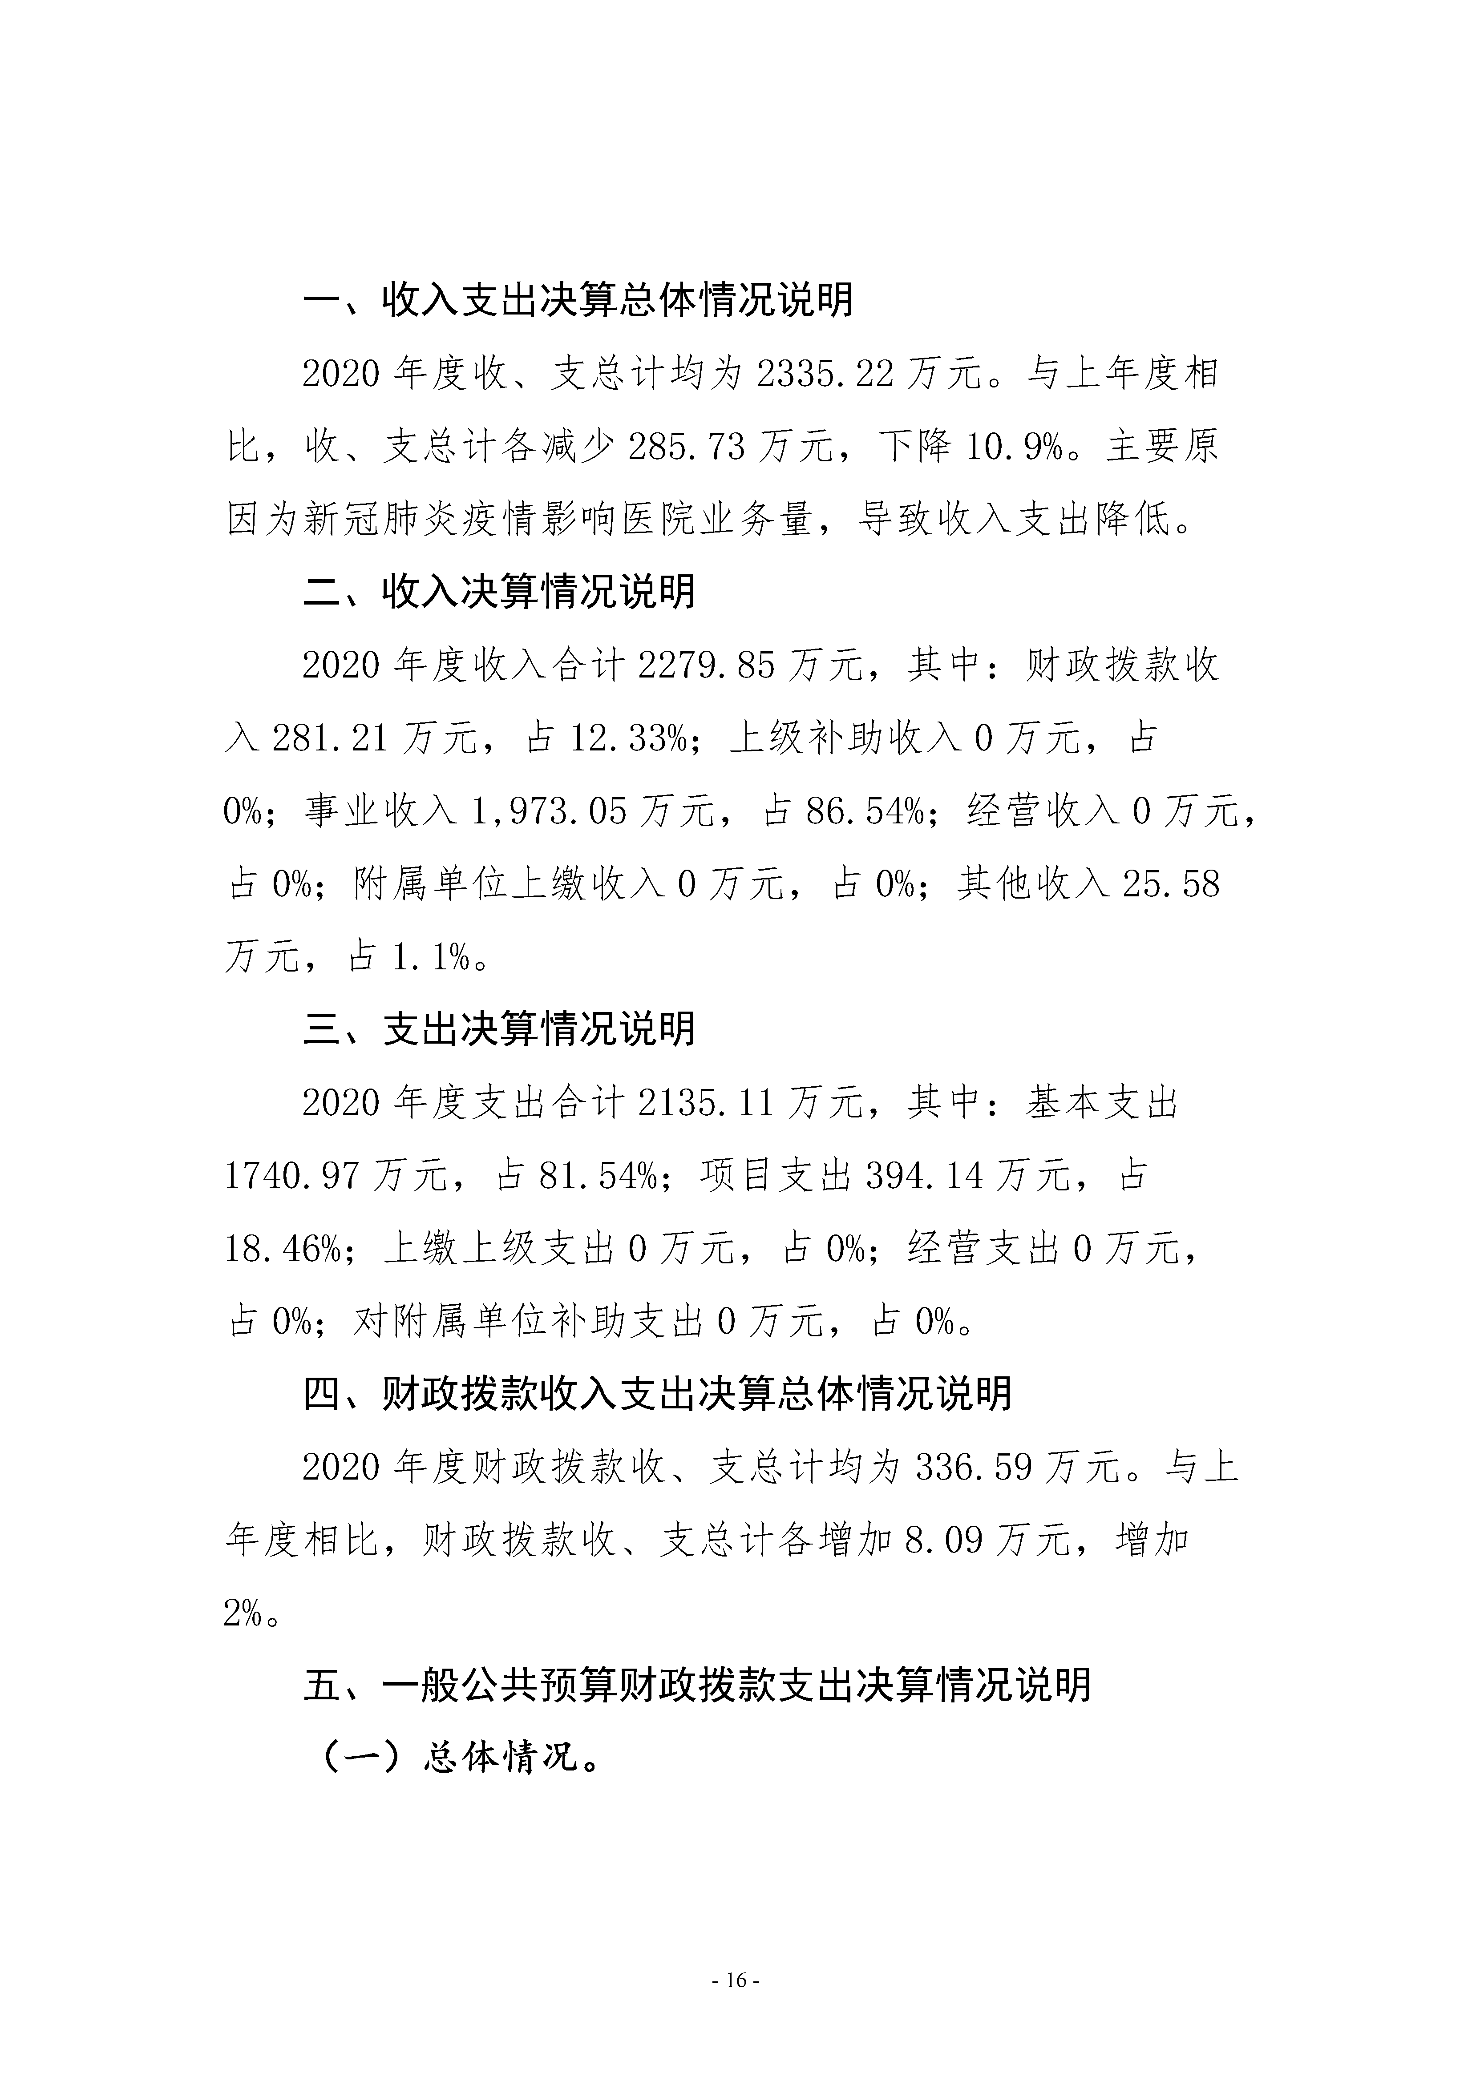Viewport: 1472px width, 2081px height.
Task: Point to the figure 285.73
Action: pyautogui.click(x=695, y=447)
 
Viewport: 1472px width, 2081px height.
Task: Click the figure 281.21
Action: pyautogui.click(x=330, y=739)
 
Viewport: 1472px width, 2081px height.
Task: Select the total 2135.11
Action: pyautogui.click(x=707, y=1103)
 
